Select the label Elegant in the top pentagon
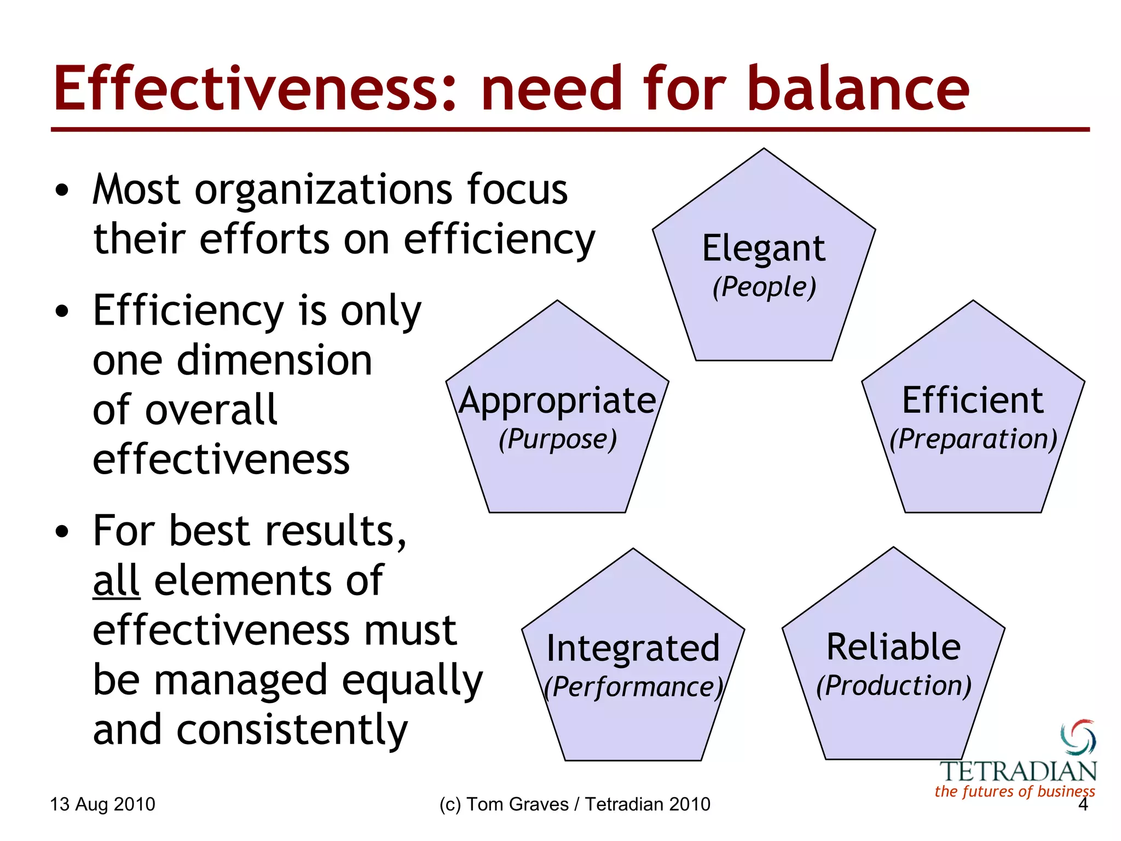tap(764, 249)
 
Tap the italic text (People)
tap(764, 287)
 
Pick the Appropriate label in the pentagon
tap(557, 401)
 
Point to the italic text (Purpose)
tap(557, 439)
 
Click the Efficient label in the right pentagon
tap(973, 401)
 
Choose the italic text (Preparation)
tap(973, 439)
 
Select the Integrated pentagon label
tap(633, 648)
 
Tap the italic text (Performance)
tap(633, 687)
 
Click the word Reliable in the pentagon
tap(893, 647)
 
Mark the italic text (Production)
tap(893, 686)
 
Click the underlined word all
tap(116, 581)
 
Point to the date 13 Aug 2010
tap(102, 804)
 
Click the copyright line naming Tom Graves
tap(575, 804)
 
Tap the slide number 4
tap(1082, 804)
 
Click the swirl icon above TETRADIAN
tap(1078, 737)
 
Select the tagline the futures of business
tap(1014, 791)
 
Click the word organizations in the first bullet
tap(323, 191)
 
